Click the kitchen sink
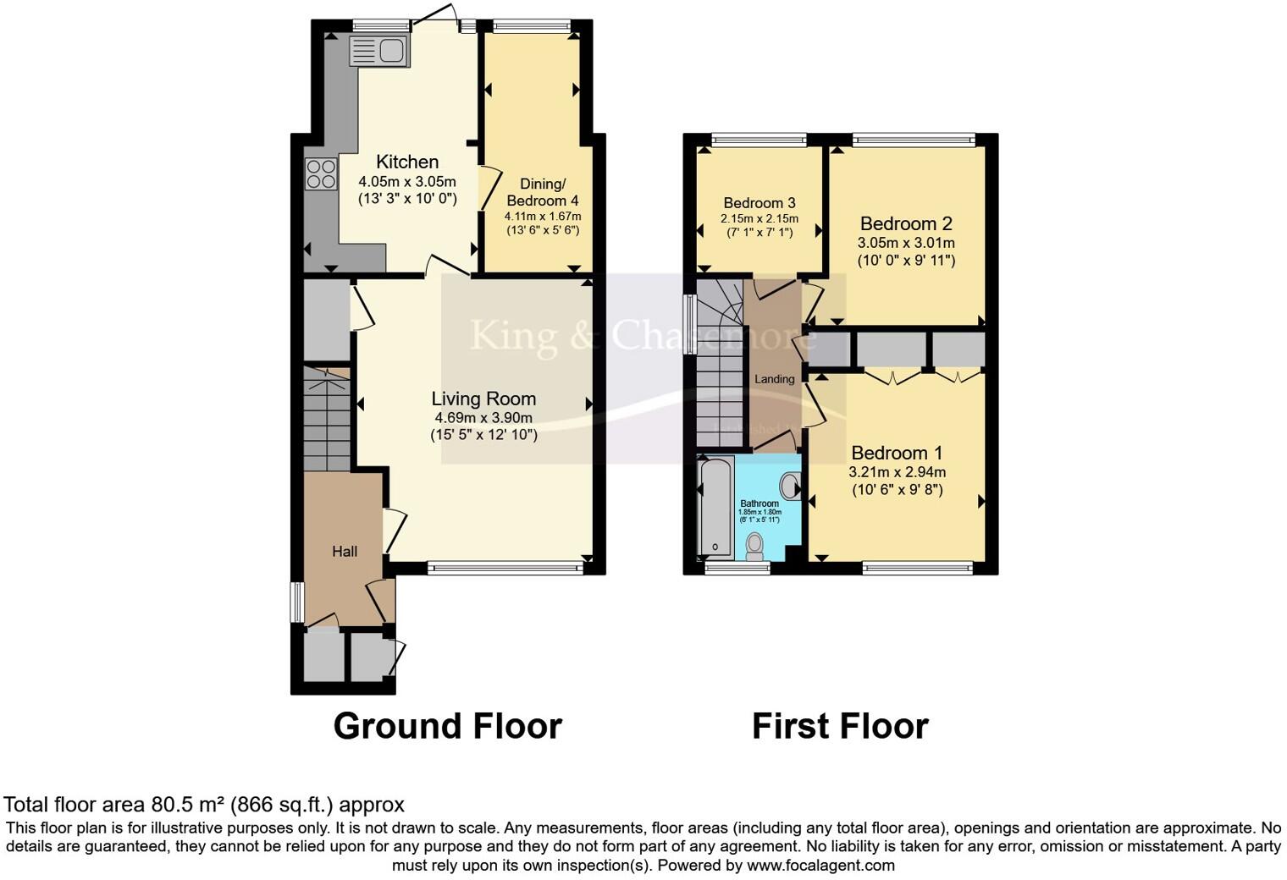click(379, 51)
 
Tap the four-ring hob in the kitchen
click(321, 174)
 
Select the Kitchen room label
click(407, 162)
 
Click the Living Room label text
click(483, 399)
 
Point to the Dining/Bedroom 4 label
click(542, 192)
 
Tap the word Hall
click(344, 552)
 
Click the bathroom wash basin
click(790, 487)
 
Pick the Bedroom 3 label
click(759, 203)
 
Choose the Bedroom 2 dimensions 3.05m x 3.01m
click(906, 243)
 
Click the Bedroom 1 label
click(897, 453)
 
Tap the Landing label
click(774, 379)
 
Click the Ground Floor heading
click(447, 726)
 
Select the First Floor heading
click(840, 726)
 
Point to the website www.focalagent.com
click(820, 866)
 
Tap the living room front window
click(505, 569)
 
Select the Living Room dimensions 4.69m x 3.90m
click(483, 418)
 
